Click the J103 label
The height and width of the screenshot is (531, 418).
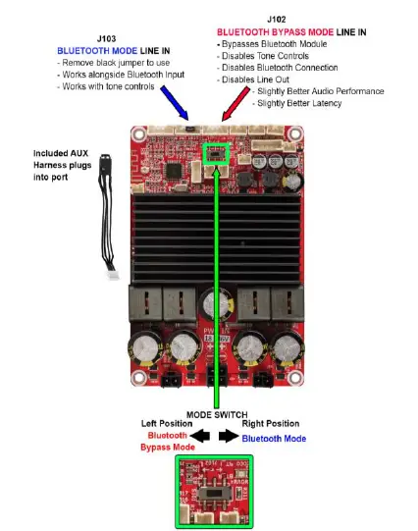point(107,39)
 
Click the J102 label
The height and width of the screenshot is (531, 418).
point(278,19)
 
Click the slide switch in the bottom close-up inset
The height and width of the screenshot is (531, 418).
point(213,488)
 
